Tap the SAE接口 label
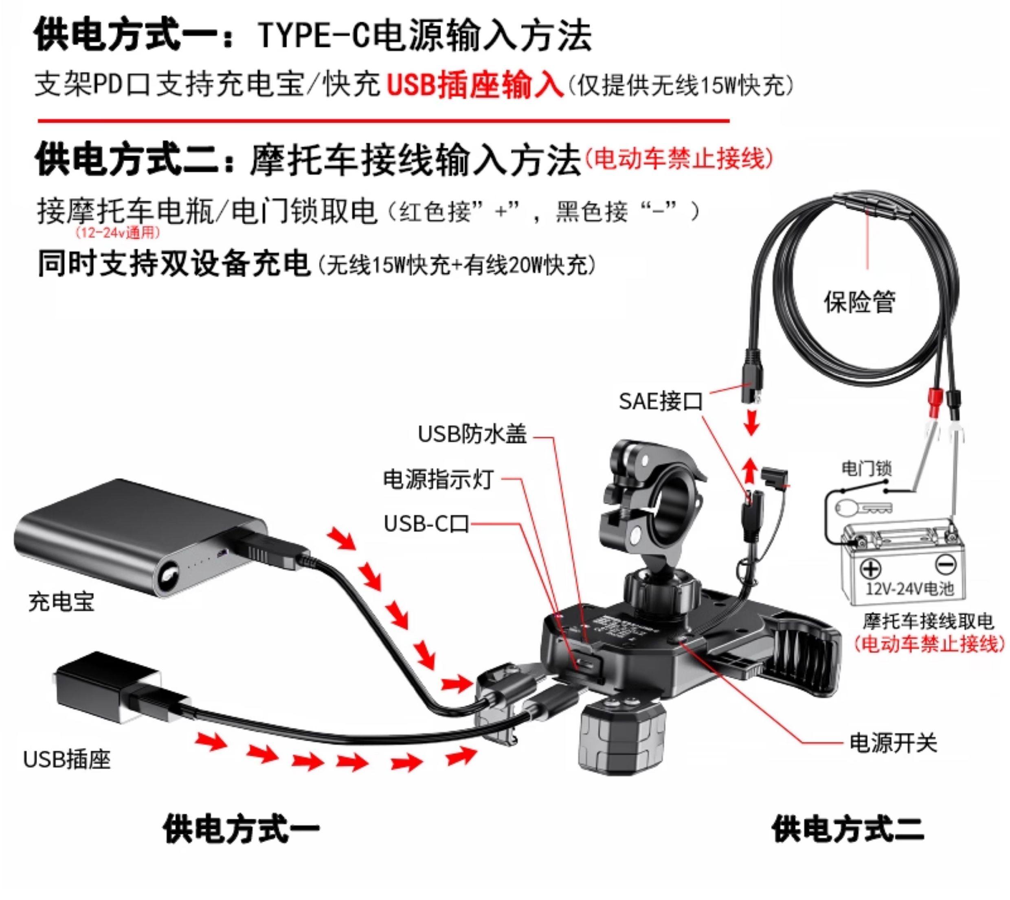pos(661,401)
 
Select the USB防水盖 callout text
pos(472,434)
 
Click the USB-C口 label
pos(426,524)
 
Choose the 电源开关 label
pos(893,743)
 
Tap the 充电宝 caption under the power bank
pos(61,602)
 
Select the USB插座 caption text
pos(67,760)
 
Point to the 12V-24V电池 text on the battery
pos(909,588)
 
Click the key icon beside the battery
pos(863,507)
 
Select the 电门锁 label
pos(866,468)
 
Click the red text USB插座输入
pos(474,85)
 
